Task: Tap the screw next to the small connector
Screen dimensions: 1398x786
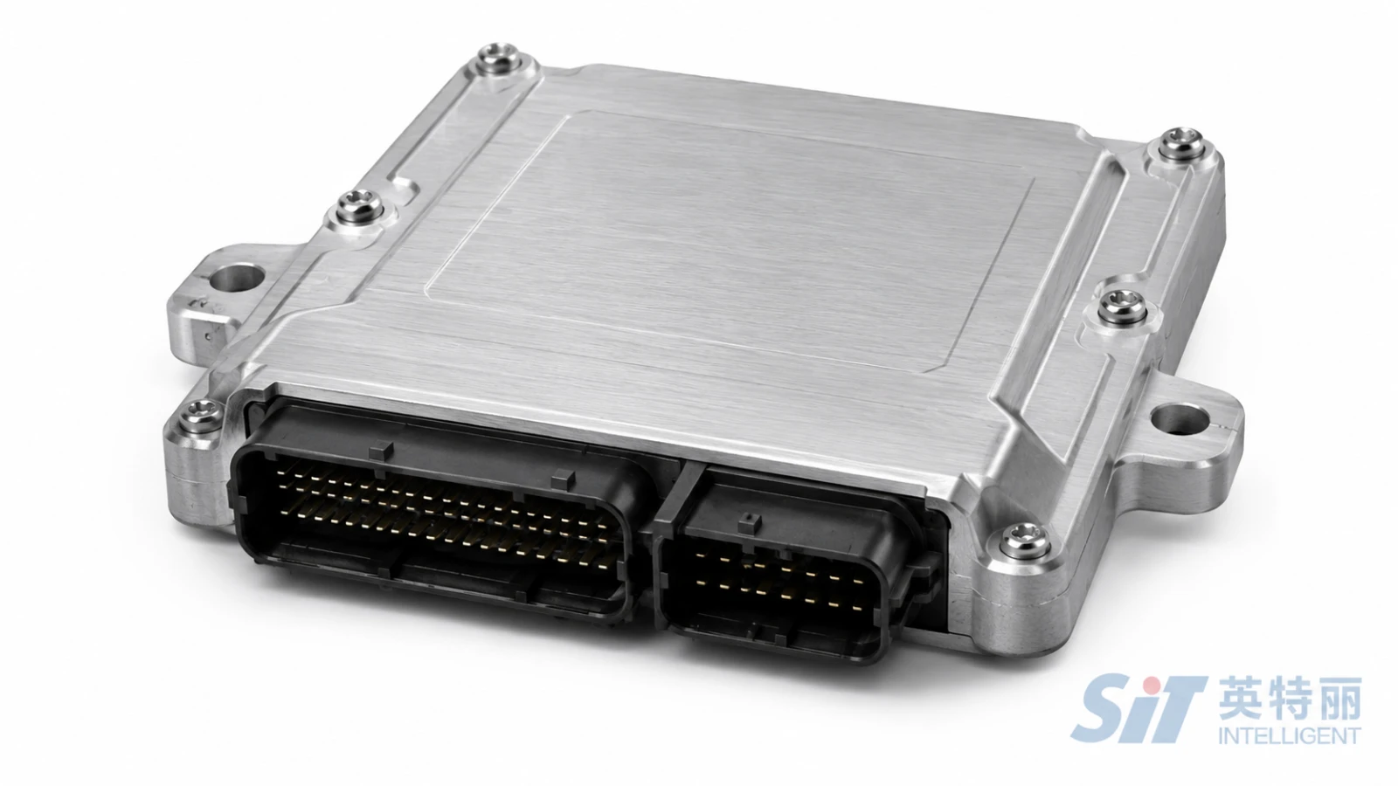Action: click(1024, 541)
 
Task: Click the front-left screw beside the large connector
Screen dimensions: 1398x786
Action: click(200, 416)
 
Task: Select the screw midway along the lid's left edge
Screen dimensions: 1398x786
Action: click(360, 206)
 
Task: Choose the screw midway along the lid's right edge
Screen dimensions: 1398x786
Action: click(1122, 307)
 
